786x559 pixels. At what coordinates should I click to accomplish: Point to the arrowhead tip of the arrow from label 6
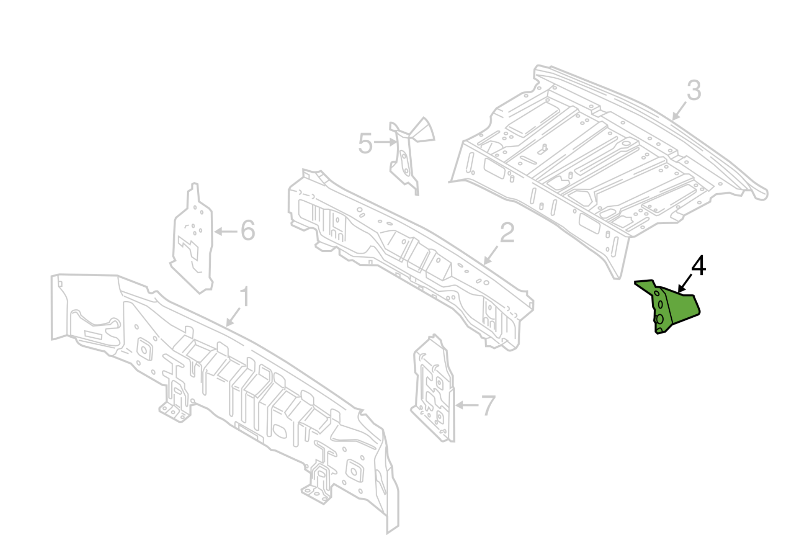(215, 232)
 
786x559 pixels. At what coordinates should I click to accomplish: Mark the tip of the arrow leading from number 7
(456, 405)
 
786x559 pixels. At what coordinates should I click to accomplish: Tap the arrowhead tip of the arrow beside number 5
(397, 142)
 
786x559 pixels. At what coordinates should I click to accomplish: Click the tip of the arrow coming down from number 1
(226, 326)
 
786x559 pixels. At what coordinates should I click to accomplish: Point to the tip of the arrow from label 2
(484, 264)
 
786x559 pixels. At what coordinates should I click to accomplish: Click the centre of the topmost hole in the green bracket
(657, 294)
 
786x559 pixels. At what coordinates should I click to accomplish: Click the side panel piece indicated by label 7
(433, 389)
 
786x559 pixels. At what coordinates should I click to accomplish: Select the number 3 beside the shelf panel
(694, 90)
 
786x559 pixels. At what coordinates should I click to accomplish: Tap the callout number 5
(365, 144)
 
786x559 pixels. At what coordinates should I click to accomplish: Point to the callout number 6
(248, 231)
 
